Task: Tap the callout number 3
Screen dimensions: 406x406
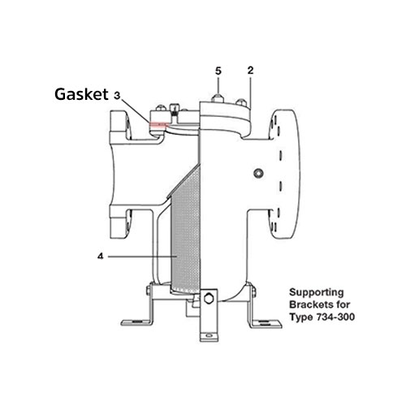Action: [119, 95]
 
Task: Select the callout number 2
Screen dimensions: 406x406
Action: [251, 71]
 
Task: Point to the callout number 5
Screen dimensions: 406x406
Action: [218, 71]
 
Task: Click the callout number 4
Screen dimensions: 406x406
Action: [99, 257]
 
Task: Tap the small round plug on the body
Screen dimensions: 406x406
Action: [258, 173]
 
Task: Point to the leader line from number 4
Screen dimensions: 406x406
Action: [138, 257]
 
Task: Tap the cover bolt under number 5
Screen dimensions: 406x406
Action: [218, 97]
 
